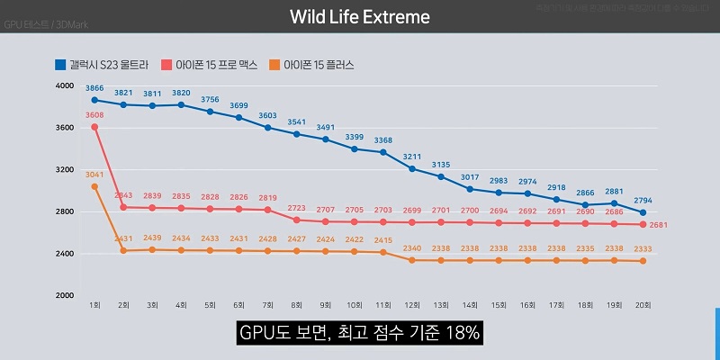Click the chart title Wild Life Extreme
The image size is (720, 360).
click(360, 17)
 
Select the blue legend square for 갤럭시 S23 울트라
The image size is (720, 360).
click(59, 65)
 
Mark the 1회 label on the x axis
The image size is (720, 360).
click(94, 306)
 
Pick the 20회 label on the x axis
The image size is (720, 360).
click(642, 306)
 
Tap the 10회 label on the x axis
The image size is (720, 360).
click(354, 306)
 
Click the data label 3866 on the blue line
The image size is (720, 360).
click(94, 88)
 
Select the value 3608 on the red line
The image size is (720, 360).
click(94, 116)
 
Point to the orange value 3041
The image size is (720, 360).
click(94, 175)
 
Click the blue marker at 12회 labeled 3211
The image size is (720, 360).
click(411, 168)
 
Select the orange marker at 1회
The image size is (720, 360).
click(94, 186)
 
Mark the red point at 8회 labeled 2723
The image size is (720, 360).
click(296, 220)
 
